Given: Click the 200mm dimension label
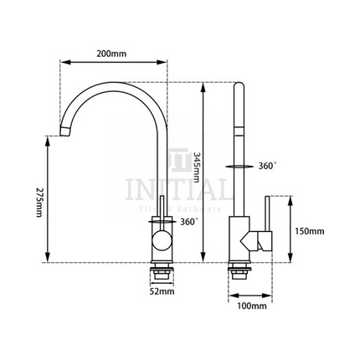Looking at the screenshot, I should click(111, 54).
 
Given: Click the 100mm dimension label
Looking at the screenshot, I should click(252, 307).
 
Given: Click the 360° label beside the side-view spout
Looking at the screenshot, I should click(269, 166).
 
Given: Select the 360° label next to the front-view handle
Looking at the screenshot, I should click(188, 222).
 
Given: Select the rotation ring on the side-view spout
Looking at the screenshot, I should click(240, 167).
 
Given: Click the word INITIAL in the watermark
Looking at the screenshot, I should click(175, 188).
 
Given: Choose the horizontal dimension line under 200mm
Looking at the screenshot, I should click(111, 62).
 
